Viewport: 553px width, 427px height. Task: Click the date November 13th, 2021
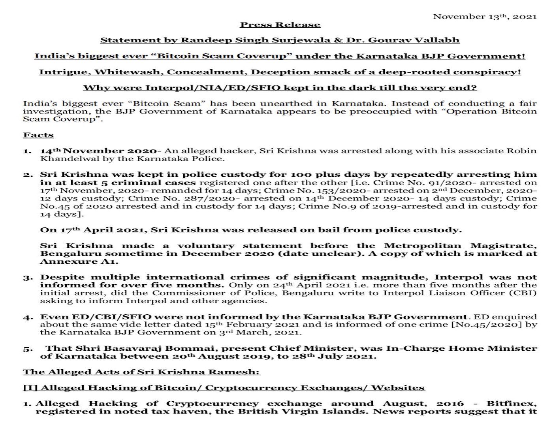485,17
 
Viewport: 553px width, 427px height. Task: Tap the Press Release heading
280,25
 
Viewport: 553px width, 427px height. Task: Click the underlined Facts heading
38,135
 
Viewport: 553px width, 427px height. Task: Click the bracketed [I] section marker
30,388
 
